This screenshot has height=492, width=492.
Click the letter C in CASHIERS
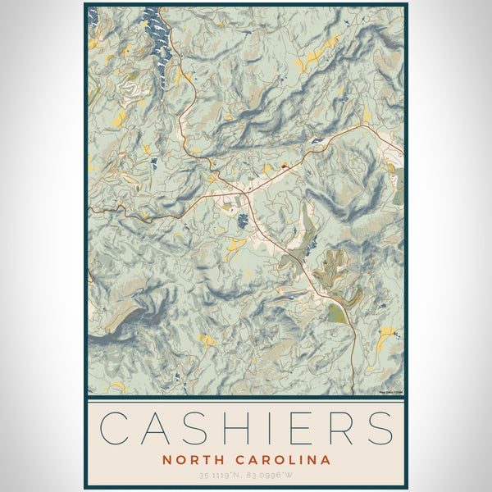[x=115, y=428]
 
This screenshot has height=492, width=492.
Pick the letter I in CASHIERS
[x=275, y=428]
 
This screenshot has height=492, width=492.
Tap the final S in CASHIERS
[x=382, y=428]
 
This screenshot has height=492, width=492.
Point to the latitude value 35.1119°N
[x=221, y=475]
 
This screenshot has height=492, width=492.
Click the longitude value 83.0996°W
[x=271, y=475]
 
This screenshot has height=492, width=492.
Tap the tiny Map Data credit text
[x=391, y=393]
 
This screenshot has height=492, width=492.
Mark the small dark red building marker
[x=284, y=166]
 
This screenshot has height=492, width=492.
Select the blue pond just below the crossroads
[x=243, y=220]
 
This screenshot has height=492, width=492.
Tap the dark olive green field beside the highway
[x=336, y=312]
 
